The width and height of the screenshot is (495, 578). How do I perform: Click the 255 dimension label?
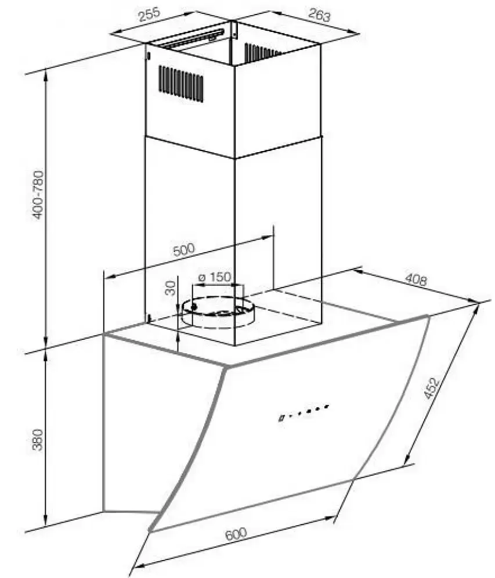[149, 15]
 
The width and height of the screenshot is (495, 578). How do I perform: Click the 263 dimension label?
[319, 15]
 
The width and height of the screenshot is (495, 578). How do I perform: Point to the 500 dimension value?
[183, 250]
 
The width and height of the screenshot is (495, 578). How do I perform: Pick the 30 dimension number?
[171, 288]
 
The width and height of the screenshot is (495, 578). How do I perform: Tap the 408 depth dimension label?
[415, 279]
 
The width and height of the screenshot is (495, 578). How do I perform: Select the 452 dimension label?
[432, 388]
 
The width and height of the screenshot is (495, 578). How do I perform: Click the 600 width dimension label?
[236, 534]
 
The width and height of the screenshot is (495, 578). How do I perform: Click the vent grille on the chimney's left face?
[181, 84]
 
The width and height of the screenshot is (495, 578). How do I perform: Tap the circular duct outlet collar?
[217, 312]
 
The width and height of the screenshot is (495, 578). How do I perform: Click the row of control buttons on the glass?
[303, 412]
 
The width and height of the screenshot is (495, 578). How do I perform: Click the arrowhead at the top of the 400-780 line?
[46, 76]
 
